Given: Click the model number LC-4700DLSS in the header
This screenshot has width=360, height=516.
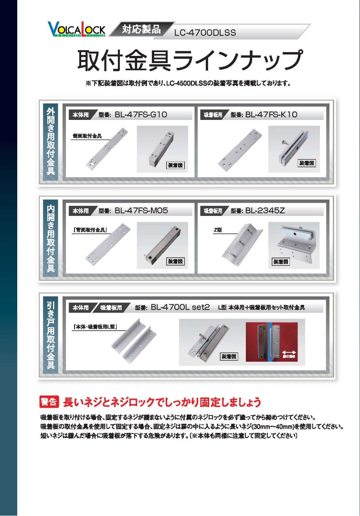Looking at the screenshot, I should pyautogui.click(x=205, y=33).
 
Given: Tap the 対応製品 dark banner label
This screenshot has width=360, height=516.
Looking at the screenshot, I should pyautogui.click(x=140, y=28).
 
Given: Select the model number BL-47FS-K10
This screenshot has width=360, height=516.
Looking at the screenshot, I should pyautogui.click(x=271, y=115).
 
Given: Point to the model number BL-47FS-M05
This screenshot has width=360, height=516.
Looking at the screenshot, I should pyautogui.click(x=141, y=210).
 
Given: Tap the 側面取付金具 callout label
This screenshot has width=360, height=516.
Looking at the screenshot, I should pyautogui.click(x=87, y=136).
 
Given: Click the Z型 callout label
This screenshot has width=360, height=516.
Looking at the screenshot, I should pyautogui.click(x=219, y=230).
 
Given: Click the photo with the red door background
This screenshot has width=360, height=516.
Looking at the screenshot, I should pyautogui.click(x=271, y=343).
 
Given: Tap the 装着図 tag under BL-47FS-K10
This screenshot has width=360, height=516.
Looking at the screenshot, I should pyautogui.click(x=306, y=163).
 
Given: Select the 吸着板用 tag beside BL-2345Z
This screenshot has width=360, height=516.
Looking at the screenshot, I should pyautogui.click(x=213, y=211).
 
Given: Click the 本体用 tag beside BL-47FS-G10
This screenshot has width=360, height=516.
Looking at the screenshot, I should pyautogui.click(x=80, y=115).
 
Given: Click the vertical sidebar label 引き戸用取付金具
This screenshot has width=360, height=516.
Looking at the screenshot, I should pyautogui.click(x=51, y=335).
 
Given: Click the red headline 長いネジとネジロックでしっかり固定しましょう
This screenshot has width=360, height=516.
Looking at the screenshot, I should pyautogui.click(x=162, y=401).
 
